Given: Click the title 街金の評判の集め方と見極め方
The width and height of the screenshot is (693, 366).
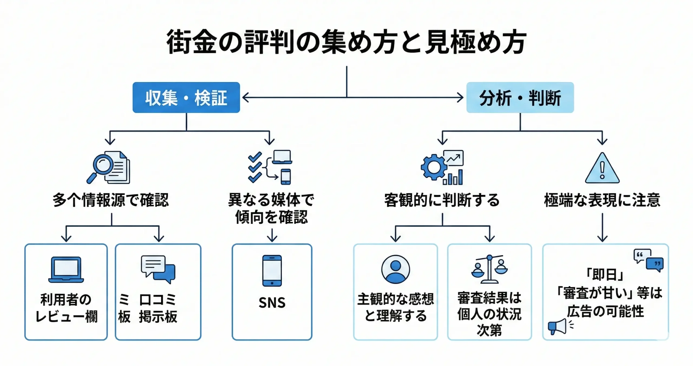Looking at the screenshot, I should click(346, 42).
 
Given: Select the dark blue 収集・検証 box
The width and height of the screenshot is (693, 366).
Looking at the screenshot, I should click(186, 97).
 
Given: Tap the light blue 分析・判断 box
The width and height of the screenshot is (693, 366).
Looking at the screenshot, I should click(520, 97).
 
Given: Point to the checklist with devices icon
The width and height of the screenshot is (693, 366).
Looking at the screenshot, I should click(270, 167).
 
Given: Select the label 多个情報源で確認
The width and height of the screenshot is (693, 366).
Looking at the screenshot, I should click(110, 200).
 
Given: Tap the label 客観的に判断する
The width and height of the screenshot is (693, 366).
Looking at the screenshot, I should click(442, 200).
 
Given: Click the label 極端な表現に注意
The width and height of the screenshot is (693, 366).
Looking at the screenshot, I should click(602, 200).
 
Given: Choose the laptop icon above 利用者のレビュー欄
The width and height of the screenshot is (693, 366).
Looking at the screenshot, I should click(66, 270).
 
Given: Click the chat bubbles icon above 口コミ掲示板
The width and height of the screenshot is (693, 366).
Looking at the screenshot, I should click(158, 269).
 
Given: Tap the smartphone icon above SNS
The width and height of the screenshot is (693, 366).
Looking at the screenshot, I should click(272, 270).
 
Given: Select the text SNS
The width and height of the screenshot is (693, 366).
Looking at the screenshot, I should click(272, 302).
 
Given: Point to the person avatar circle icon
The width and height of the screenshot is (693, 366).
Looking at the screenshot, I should click(395, 269).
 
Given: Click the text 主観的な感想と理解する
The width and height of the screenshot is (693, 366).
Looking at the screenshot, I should click(395, 308).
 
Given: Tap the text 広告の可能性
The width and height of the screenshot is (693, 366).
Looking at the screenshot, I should click(605, 311).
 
